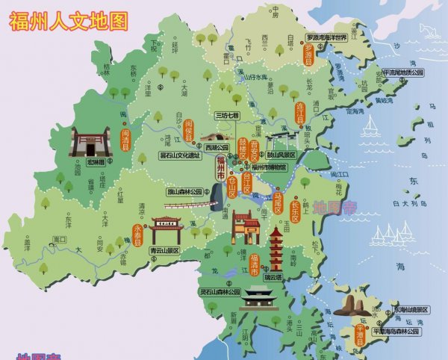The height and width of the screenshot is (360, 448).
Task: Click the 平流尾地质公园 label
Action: tap(402, 72)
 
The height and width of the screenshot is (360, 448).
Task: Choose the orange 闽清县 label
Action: tap(125, 139)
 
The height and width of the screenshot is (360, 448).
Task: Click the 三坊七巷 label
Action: tap(226, 116)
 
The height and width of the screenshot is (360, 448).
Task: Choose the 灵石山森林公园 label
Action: tap(220, 292)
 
